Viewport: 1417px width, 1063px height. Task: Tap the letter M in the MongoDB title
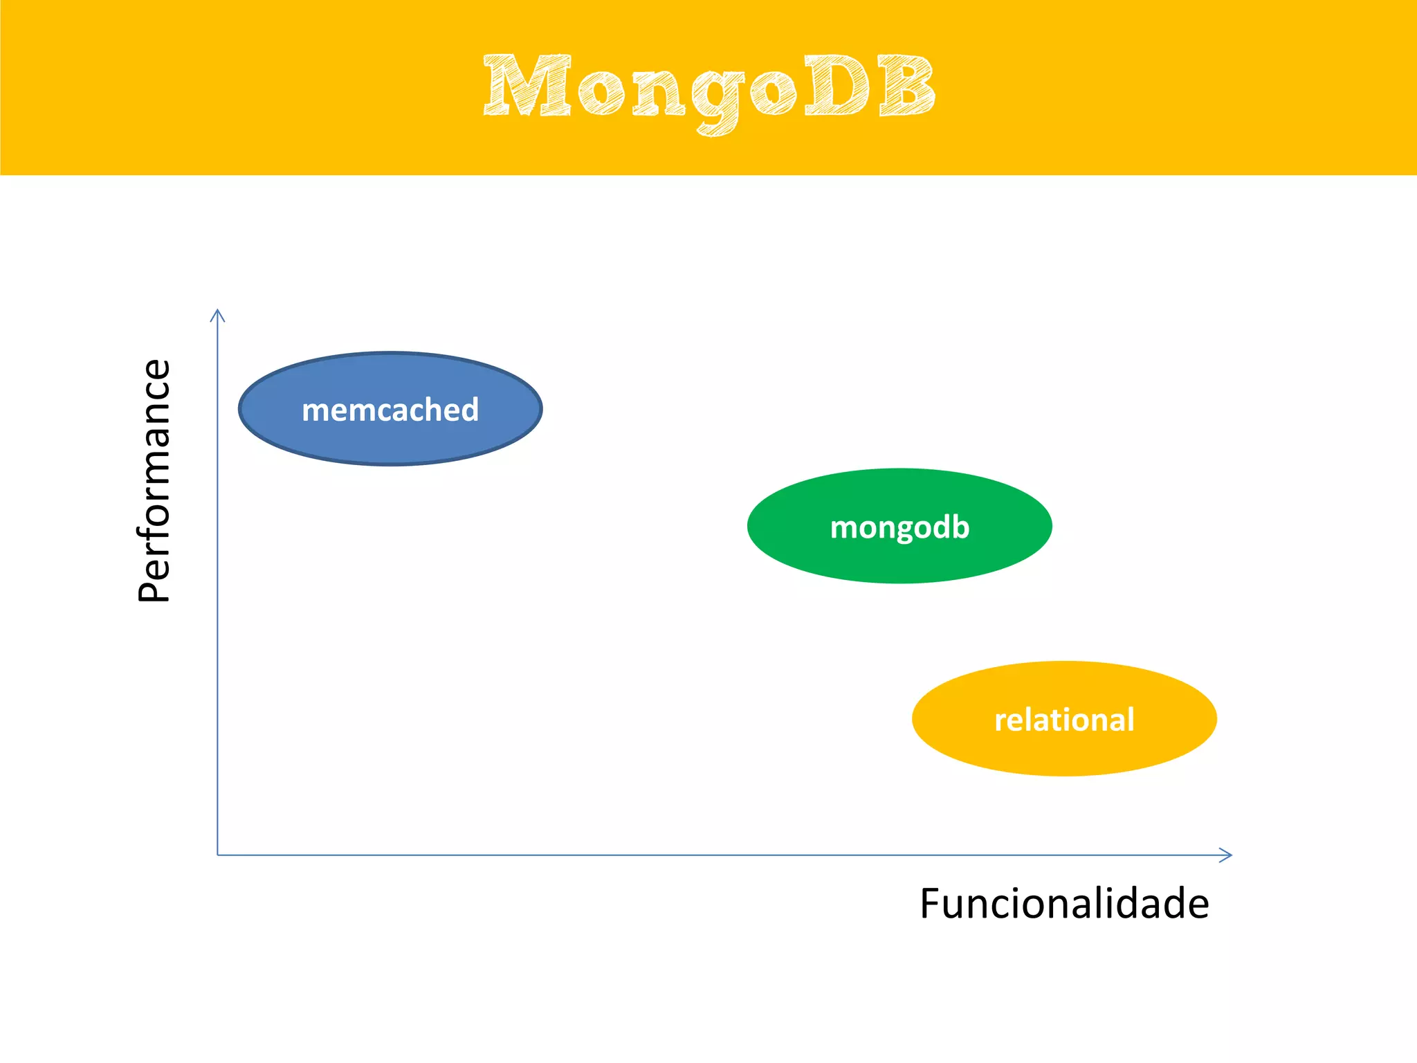point(527,86)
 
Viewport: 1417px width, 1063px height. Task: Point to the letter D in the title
point(836,86)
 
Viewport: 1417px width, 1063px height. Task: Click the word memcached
point(390,410)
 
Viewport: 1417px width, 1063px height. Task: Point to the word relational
point(1064,720)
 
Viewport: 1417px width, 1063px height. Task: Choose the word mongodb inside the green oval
point(899,527)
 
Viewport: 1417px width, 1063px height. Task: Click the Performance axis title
point(154,480)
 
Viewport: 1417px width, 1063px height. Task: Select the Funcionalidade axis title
point(1064,904)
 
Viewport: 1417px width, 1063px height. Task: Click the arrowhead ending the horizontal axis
point(1227,855)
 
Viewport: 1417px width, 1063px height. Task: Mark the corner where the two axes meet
point(218,855)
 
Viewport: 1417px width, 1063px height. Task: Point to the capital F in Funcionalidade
point(931,904)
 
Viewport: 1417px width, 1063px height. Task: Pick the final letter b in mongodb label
point(960,526)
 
